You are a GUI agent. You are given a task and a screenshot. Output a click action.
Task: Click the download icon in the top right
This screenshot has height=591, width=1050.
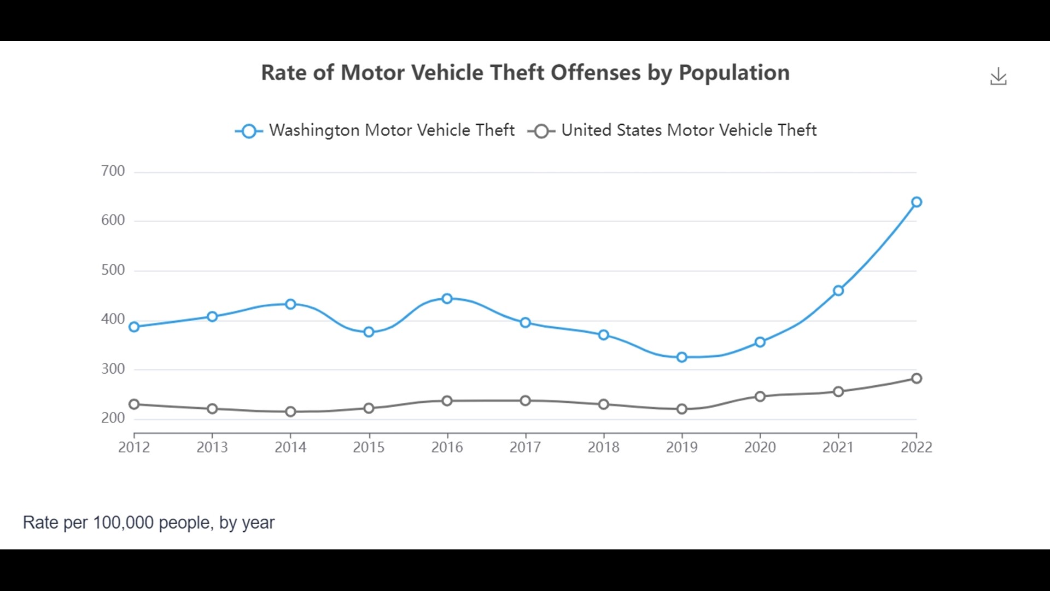(x=998, y=77)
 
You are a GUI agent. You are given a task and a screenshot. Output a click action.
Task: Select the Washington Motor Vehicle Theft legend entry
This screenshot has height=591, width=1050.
(x=375, y=130)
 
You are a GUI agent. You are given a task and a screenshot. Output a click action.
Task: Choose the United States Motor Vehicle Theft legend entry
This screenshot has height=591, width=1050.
(x=672, y=130)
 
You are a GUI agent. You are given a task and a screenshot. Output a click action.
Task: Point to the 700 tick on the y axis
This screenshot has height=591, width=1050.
(x=113, y=171)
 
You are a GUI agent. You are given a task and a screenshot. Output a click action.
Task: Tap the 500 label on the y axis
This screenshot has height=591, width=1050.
(x=113, y=270)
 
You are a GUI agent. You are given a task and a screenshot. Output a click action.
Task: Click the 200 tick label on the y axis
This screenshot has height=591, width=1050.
(x=113, y=418)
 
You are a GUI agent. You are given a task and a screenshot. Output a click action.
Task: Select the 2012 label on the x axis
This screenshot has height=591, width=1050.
(x=134, y=447)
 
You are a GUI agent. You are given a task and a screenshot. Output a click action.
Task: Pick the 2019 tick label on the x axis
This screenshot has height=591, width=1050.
(x=681, y=447)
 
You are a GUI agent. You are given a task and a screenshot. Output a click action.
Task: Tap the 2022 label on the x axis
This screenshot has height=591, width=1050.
(x=916, y=447)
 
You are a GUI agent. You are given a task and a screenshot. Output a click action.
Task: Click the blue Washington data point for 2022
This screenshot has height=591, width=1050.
(x=917, y=202)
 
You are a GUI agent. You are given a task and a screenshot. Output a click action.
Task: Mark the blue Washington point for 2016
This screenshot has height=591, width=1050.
(x=447, y=298)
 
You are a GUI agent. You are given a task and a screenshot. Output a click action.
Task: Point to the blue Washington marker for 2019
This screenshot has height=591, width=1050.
(x=681, y=357)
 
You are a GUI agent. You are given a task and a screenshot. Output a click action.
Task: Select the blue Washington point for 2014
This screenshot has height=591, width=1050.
(x=290, y=304)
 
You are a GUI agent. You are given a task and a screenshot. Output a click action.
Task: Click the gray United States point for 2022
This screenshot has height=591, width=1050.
(x=917, y=378)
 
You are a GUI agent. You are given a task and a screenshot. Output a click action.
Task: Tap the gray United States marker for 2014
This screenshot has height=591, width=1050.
(x=290, y=412)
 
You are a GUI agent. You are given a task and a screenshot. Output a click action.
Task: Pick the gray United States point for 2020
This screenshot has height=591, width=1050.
(x=760, y=396)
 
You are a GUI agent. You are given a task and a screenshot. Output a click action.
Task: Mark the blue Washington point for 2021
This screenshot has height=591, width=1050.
(x=838, y=291)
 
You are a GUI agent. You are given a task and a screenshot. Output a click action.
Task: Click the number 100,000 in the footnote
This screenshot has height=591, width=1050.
(x=123, y=523)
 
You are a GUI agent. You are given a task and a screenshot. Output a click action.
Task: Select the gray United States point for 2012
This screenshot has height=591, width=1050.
(x=134, y=404)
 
